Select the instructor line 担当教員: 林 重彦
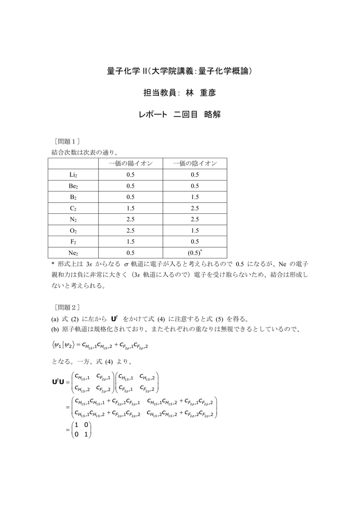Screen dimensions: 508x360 point(180,93)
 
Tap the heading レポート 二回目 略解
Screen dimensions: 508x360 point(179,115)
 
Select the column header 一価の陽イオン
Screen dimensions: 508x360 point(131,163)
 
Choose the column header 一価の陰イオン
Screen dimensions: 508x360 point(195,163)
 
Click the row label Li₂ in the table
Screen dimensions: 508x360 point(73,175)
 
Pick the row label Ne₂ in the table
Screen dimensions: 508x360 point(73,253)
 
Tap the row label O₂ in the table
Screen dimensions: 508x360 point(73,230)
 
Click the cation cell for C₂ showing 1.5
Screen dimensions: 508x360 point(131,208)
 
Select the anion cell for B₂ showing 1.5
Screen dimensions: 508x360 point(195,197)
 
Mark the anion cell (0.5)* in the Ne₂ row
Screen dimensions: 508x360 point(195,253)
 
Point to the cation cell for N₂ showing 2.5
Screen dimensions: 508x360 point(131,219)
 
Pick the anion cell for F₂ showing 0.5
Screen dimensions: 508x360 point(195,242)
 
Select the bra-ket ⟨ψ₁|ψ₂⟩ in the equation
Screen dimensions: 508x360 point(64,344)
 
